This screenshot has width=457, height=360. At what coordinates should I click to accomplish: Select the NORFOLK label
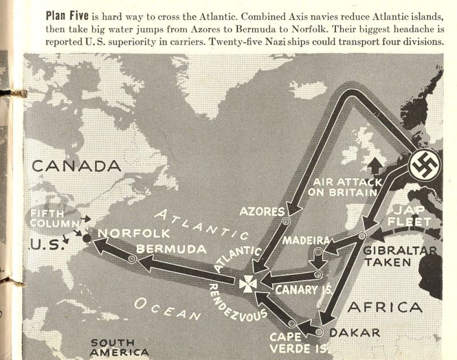click(x=134, y=233)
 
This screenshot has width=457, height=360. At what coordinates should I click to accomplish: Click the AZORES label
click(x=262, y=212)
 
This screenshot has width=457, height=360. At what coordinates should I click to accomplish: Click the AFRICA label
click(x=385, y=307)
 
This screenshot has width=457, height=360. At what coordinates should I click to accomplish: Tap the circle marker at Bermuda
click(x=132, y=259)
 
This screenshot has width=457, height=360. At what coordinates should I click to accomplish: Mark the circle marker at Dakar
click(x=319, y=331)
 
